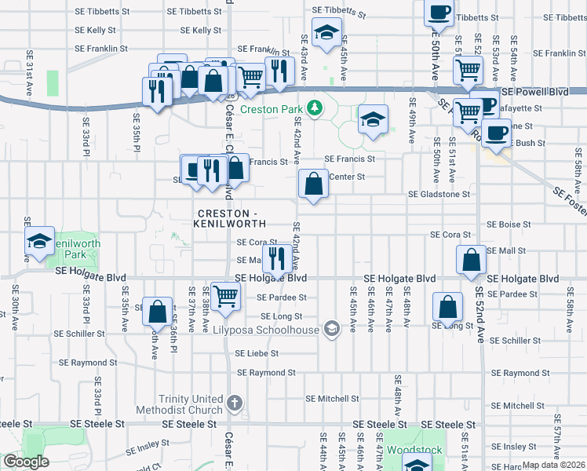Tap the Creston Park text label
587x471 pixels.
pyautogui.click(x=270, y=109)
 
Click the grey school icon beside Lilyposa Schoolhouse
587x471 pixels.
pyautogui.click(x=333, y=329)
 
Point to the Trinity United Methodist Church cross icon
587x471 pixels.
pyautogui.click(x=234, y=404)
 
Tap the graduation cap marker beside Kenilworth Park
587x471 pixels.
pyautogui.click(x=38, y=243)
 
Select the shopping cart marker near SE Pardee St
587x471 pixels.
pyautogui.click(x=225, y=296)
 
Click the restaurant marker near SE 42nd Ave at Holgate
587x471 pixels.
pyautogui.click(x=275, y=257)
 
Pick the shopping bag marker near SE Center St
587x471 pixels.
pyautogui.click(x=313, y=186)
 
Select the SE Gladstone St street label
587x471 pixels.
pyautogui.click(x=438, y=194)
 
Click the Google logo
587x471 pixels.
pyautogui.click(x=26, y=462)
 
